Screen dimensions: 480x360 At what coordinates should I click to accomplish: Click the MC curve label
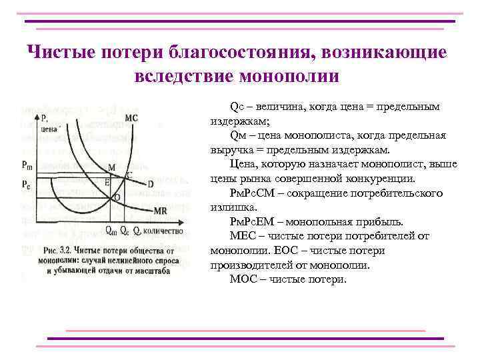tap(131, 118)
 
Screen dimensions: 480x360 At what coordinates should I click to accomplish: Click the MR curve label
tap(160, 211)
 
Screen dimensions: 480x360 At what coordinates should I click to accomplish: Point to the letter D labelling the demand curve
tap(151, 183)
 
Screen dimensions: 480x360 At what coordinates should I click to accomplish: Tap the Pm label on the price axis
tap(27, 165)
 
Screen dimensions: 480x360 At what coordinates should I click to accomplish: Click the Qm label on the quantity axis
tap(111, 231)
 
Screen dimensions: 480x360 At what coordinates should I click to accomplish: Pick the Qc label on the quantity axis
tap(125, 231)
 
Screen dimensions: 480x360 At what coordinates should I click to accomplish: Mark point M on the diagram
tap(111, 167)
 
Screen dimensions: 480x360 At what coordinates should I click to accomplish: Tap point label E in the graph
tap(107, 181)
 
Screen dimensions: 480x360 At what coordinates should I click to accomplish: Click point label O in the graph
tap(117, 197)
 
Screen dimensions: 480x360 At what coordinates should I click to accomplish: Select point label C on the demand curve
tap(129, 175)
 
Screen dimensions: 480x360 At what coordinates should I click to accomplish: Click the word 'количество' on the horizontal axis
tap(161, 231)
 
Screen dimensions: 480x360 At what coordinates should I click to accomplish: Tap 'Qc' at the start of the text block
tap(237, 107)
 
